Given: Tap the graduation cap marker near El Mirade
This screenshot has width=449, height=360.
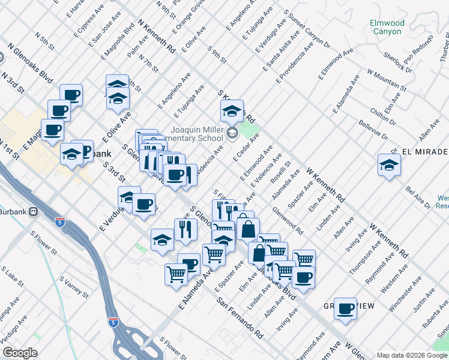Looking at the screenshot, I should pos(389,165).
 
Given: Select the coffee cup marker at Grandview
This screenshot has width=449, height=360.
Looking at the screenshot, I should pos(345,308).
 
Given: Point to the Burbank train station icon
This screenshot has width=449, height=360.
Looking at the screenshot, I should pos(34,212).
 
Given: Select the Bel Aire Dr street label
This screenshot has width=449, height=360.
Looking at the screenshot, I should pos(418,197).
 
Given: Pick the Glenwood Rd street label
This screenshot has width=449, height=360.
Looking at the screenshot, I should pos(288,221).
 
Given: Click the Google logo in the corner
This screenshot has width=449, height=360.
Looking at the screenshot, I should pos(20,353).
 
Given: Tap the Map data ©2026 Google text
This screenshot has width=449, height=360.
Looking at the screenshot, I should pos(411,355).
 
